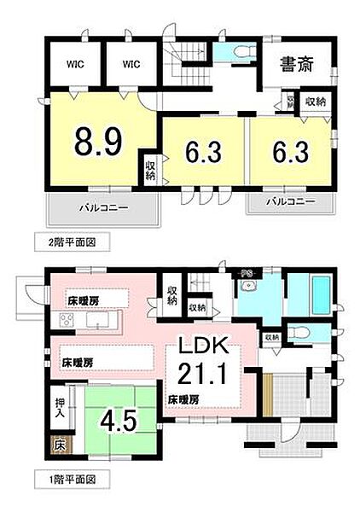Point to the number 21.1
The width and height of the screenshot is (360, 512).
(202, 373)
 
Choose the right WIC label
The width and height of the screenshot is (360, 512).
(131, 62)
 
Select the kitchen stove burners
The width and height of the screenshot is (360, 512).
(67, 321)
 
